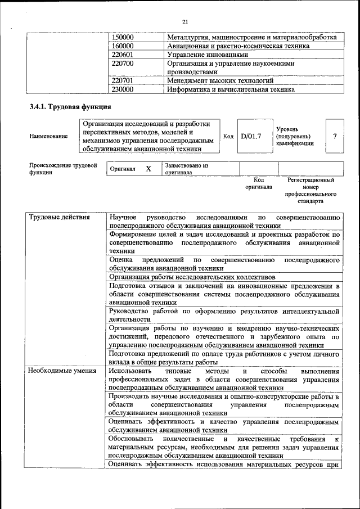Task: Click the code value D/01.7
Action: tap(251, 136)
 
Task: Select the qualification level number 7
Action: tap(335, 136)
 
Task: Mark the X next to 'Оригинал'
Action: tap(148, 169)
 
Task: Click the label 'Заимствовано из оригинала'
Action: tap(187, 169)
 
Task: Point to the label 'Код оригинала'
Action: tap(259, 183)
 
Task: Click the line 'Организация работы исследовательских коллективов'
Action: tap(192, 277)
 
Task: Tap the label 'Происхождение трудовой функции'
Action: tap(63, 169)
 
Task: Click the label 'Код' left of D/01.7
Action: tap(228, 136)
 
